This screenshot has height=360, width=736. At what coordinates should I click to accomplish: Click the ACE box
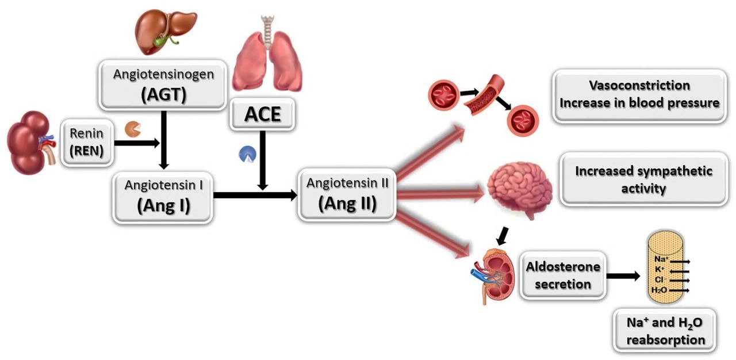pos(263,114)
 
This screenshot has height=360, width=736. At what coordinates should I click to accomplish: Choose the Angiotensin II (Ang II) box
pos(347,194)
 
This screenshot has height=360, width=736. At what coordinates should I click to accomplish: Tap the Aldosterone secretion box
pos(563,275)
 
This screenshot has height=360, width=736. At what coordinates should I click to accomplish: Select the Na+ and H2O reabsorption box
pos(666,332)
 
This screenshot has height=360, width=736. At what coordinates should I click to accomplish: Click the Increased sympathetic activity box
pos(643,179)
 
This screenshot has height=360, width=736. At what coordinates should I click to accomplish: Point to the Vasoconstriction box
pos(639,94)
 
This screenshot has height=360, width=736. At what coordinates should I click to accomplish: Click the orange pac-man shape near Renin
pos(132,128)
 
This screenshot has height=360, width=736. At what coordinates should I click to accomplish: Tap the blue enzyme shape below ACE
pos(247,154)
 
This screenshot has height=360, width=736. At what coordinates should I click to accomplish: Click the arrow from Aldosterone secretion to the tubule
pos(623,275)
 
